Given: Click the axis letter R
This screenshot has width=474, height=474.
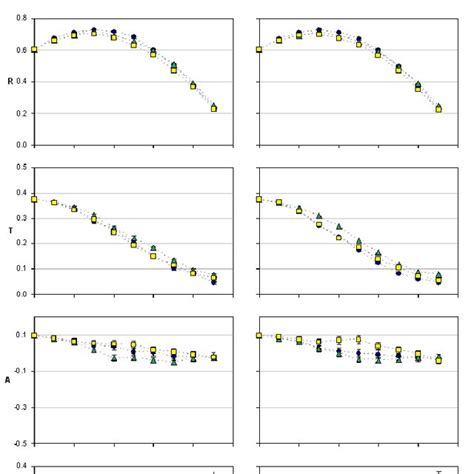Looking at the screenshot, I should pos(10,81).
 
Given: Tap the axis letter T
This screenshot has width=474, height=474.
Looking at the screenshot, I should pos(10,230).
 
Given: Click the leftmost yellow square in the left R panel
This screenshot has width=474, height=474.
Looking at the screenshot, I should pos(34,49).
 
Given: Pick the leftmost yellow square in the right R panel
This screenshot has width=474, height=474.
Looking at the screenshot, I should pos(259,49).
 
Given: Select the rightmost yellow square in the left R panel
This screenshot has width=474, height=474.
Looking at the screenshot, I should pos(214,108).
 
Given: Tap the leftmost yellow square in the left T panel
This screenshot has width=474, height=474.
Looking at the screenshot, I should pos(34,199).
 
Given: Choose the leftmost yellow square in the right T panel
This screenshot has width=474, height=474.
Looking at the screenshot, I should pos(259,199).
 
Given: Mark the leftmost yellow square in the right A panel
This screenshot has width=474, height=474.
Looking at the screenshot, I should pos(259,336).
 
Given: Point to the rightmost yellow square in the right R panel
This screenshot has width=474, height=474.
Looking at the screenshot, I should pos(438,109).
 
